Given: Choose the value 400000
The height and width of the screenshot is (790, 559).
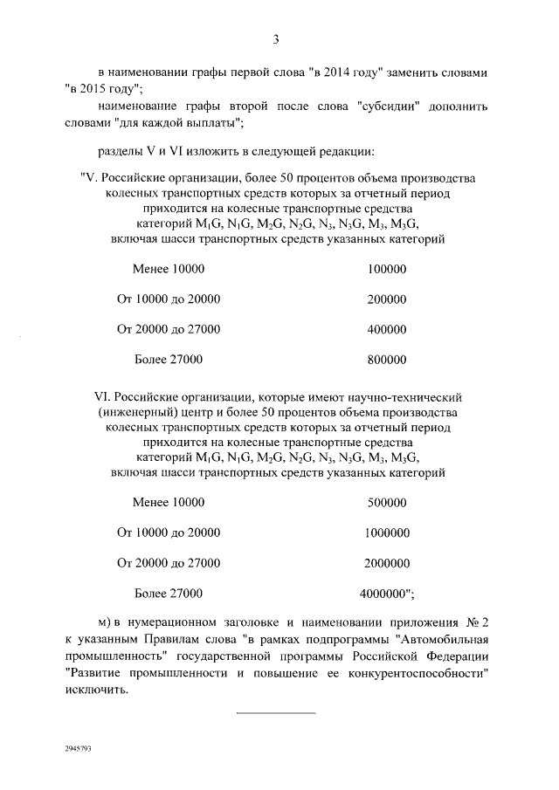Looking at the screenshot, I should point(388,329).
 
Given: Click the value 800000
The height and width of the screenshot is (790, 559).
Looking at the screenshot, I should point(388,359).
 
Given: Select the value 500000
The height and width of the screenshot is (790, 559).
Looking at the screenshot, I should point(388,503).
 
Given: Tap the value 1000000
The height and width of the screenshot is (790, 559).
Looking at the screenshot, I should point(388,532).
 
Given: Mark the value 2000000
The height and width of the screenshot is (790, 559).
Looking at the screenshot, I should point(388,563).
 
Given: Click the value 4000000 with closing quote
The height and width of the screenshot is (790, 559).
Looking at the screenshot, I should point(387,594).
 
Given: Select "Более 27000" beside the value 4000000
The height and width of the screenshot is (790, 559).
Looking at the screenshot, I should point(169,594).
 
